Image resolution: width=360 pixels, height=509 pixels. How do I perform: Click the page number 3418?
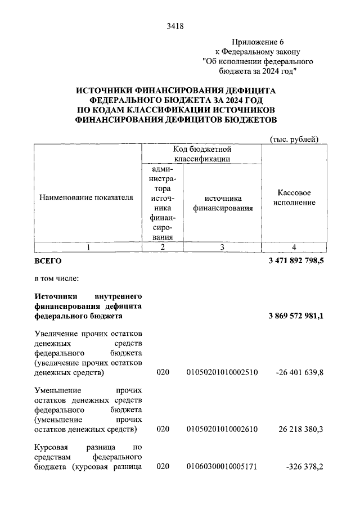pos(176,26)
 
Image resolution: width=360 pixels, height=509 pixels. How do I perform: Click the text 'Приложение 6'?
pos(257,42)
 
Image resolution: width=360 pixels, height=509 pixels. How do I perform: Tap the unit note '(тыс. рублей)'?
pos(295,139)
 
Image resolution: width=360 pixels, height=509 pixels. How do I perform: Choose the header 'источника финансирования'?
pos(223,203)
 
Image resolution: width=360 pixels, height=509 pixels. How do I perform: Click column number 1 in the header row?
pos(87,247)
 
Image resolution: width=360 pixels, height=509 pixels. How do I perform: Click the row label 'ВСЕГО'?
pos(48,262)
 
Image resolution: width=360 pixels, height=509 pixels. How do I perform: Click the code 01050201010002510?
pos(222,373)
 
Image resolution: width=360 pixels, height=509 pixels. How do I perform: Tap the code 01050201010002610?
pos(222,429)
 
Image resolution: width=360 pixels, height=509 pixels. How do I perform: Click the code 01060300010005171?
pos(222,466)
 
